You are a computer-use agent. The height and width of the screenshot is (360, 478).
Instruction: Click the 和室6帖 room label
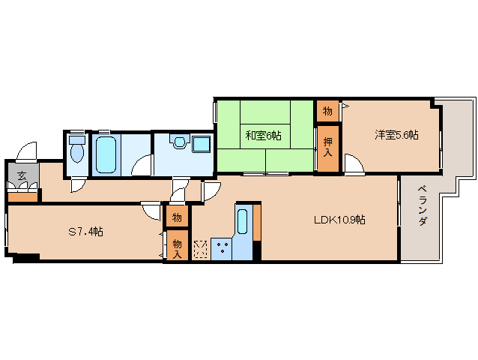[x=263, y=136]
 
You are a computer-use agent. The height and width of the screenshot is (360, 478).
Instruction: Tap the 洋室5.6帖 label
[x=397, y=135]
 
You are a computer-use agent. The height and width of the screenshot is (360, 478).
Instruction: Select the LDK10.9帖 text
[x=339, y=220]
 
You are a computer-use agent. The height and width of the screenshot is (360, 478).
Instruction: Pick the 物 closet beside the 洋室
[x=327, y=111]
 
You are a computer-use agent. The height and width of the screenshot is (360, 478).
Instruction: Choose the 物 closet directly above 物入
[x=176, y=217]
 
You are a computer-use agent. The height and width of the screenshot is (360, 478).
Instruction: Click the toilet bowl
[x=77, y=151]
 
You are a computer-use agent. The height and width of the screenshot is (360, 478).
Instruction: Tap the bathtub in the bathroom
[x=106, y=153]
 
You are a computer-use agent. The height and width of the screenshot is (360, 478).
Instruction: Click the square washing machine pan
[x=202, y=144]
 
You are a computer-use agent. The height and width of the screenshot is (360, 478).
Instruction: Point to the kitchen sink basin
[x=242, y=222]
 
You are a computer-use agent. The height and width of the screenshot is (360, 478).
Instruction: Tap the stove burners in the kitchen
[x=223, y=247]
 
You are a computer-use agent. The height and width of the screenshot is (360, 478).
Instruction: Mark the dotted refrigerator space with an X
[x=201, y=248]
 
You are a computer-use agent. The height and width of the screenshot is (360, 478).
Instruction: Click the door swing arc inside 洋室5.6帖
[x=354, y=163]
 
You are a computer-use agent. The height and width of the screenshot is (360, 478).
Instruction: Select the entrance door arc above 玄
[x=27, y=151]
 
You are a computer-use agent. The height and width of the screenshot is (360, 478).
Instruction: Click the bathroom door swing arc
[x=142, y=166]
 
